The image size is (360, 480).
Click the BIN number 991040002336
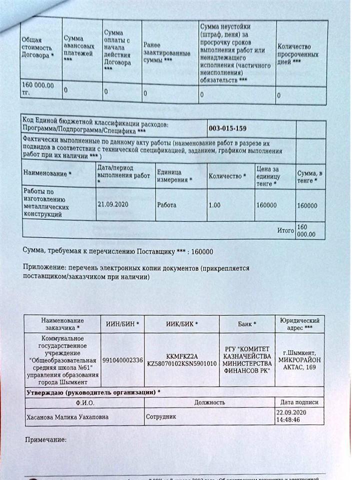pyautogui.click(x=122, y=360)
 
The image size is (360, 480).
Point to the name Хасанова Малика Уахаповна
pyautogui.click(x=62, y=416)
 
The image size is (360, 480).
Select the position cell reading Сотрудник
pyautogui.click(x=160, y=416)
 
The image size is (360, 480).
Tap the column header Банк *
pyautogui.click(x=247, y=324)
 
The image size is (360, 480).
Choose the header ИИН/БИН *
pyautogui.click(x=122, y=324)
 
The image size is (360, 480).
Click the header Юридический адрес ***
pyautogui.click(x=297, y=323)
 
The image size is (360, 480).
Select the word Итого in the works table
pyautogui.click(x=285, y=230)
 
